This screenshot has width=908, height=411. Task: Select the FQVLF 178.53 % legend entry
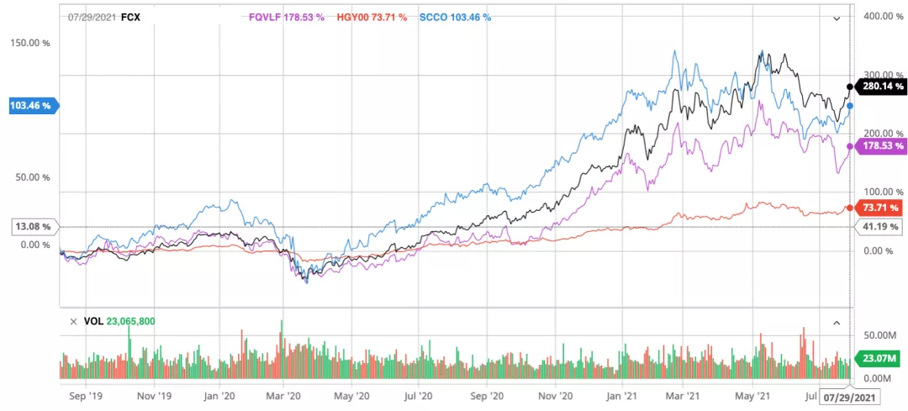(x=287, y=16)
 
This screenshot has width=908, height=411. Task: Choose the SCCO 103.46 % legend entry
(x=457, y=16)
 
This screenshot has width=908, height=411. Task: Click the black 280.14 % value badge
(x=881, y=86)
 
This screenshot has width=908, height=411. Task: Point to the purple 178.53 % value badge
(x=881, y=147)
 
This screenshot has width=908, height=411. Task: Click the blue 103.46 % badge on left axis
(x=29, y=106)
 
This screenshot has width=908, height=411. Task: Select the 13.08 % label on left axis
(x=32, y=227)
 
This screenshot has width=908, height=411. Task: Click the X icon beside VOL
(x=74, y=322)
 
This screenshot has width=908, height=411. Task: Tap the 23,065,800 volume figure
(x=131, y=322)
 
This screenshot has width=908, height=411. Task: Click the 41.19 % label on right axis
(x=880, y=227)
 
